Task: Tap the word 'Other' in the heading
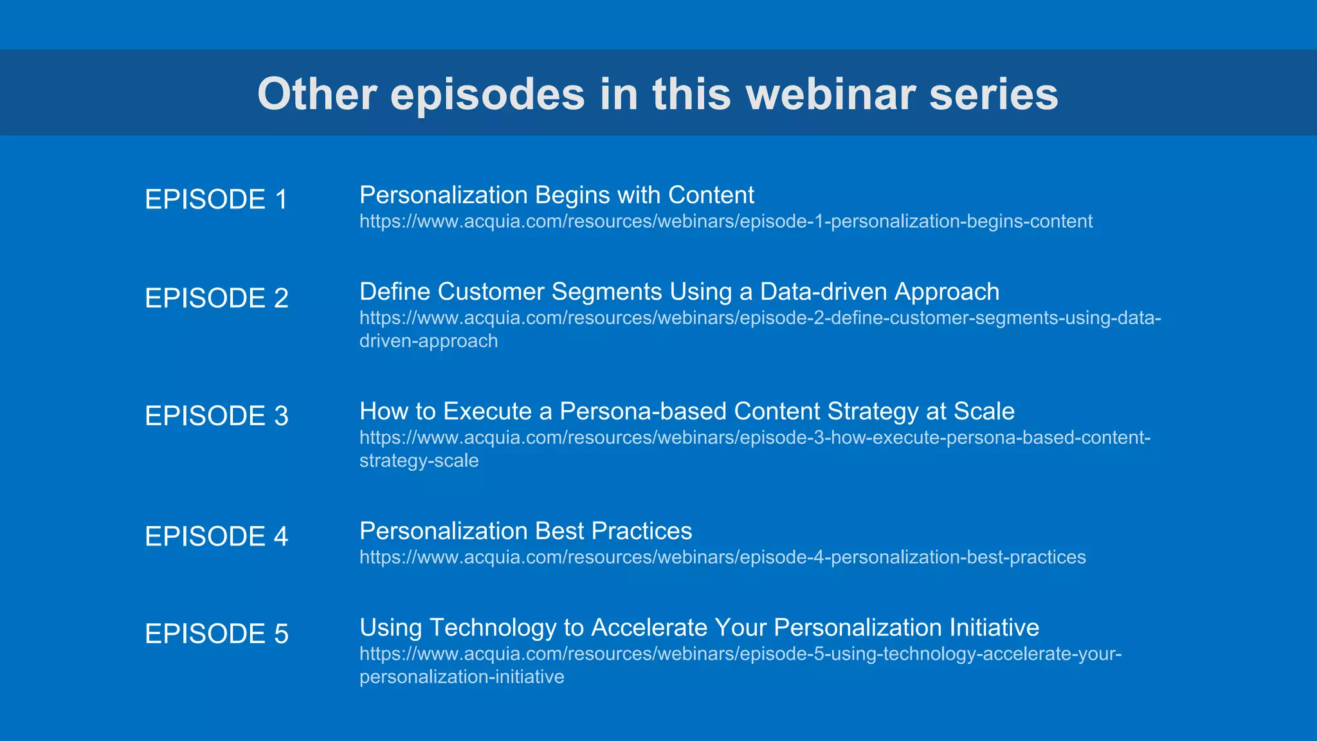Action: coord(317,94)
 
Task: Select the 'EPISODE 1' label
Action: coord(216,199)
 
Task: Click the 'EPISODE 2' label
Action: coord(217,298)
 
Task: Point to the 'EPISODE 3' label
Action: coord(217,416)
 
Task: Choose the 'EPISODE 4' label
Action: coord(217,536)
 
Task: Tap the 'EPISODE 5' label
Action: coord(217,634)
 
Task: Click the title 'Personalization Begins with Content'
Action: coord(556,195)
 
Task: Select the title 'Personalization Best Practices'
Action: coord(525,531)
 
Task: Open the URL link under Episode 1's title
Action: coord(725,221)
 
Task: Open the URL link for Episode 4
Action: coord(722,557)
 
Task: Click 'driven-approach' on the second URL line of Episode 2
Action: coord(428,341)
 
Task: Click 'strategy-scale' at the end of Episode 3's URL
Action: coord(419,461)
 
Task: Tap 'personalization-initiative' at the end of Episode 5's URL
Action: coord(461,677)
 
